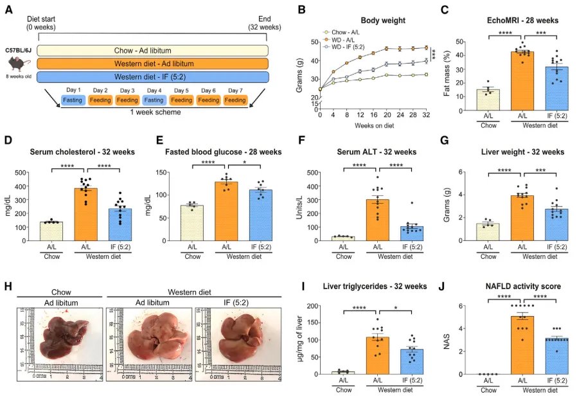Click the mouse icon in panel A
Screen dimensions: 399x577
(x=19, y=63)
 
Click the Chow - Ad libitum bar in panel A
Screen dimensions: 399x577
(x=152, y=51)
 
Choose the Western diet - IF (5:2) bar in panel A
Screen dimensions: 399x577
(x=152, y=77)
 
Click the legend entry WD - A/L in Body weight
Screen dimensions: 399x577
(x=348, y=39)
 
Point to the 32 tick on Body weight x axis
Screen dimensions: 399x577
(x=426, y=116)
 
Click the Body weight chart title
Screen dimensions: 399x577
(x=382, y=21)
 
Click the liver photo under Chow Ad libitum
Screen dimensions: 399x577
(x=59, y=333)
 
